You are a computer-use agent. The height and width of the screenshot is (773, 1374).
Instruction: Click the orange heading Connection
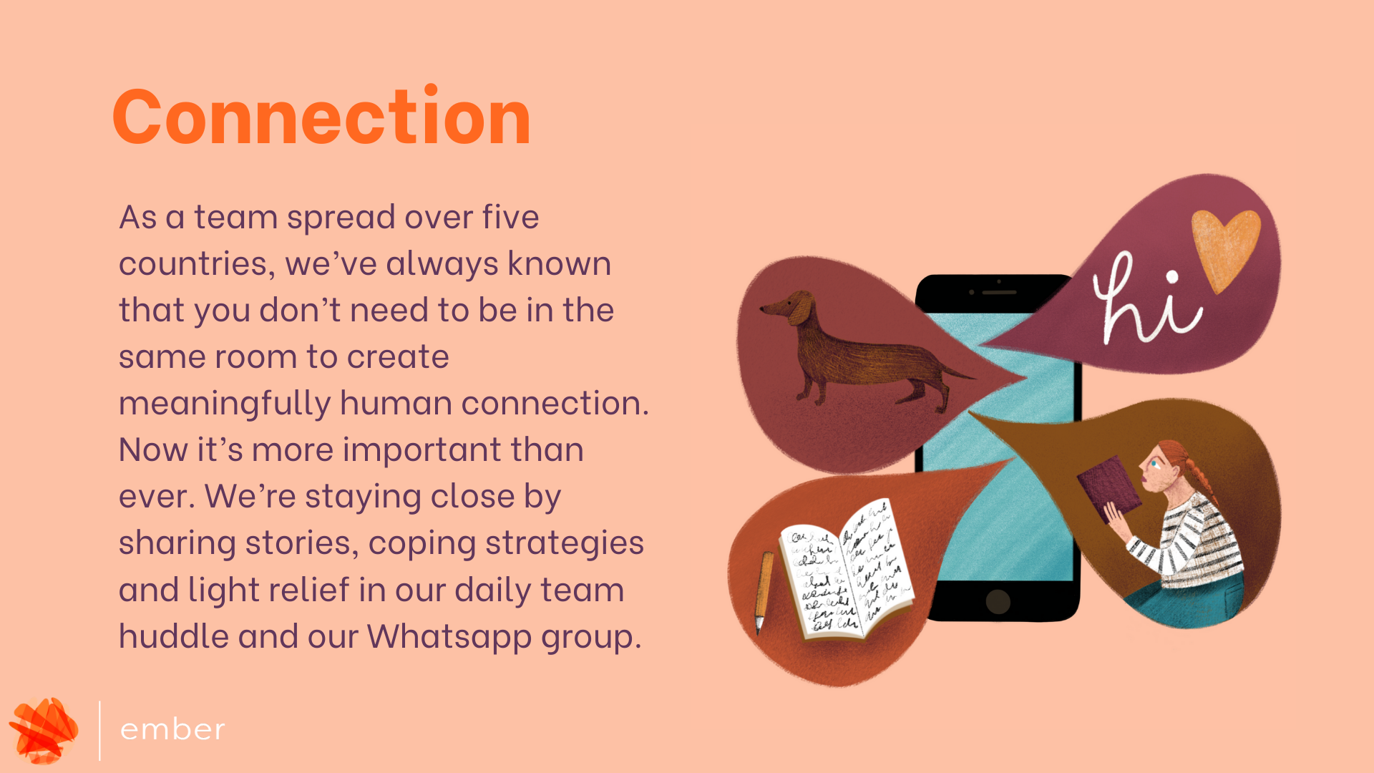[321, 116]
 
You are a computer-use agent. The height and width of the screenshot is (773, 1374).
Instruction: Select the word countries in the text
[197, 263]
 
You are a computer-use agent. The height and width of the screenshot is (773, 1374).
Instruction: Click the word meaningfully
[224, 403]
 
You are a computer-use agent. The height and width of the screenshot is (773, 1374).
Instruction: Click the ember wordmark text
[172, 729]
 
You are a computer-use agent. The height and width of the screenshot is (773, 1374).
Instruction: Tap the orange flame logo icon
[44, 730]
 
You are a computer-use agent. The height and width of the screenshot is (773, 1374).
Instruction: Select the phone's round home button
[998, 602]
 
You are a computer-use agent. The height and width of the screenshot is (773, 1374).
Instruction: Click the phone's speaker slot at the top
[999, 293]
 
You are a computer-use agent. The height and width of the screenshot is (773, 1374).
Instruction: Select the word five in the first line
[510, 217]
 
